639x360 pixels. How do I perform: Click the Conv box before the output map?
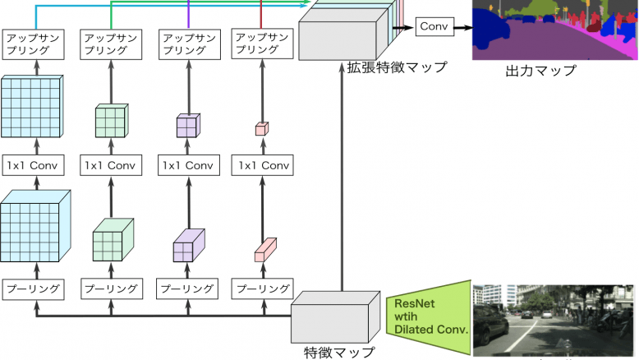[x=434, y=27]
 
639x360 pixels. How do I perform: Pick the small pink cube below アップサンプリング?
[x=261, y=128]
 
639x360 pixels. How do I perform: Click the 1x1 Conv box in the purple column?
[x=188, y=164]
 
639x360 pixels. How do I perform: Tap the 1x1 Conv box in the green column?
[x=111, y=164]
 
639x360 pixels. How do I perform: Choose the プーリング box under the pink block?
[x=263, y=288]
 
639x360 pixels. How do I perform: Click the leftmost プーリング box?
[x=33, y=288]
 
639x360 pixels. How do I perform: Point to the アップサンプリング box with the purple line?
[x=188, y=44]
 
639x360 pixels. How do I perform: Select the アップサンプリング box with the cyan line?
[x=33, y=44]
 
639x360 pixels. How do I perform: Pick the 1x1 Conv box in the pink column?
[x=263, y=164]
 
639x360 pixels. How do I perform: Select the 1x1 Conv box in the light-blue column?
[x=33, y=164]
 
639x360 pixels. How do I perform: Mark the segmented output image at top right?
[x=555, y=30]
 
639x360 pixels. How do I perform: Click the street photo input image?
[x=555, y=319]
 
